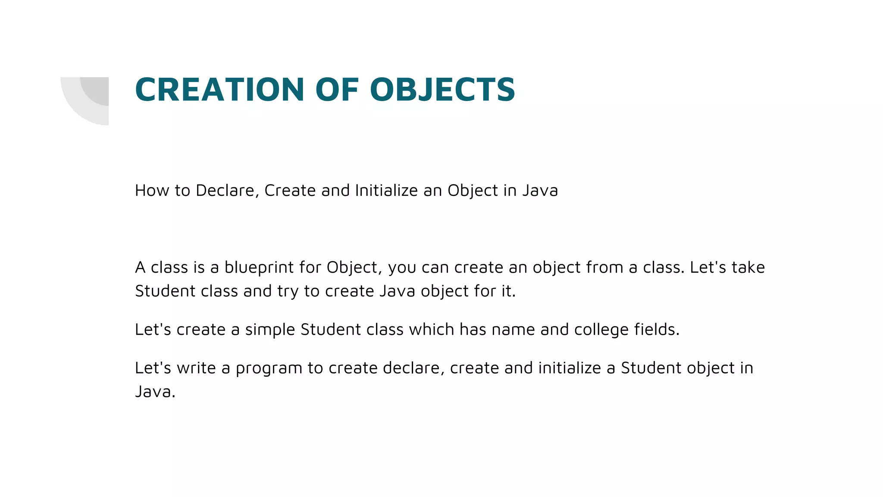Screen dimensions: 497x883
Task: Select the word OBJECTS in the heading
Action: (x=442, y=90)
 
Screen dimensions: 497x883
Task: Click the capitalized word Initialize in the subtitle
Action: (x=386, y=190)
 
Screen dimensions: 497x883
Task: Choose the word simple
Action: (x=270, y=330)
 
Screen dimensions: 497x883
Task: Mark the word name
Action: (x=513, y=330)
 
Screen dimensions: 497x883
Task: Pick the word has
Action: (x=473, y=330)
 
